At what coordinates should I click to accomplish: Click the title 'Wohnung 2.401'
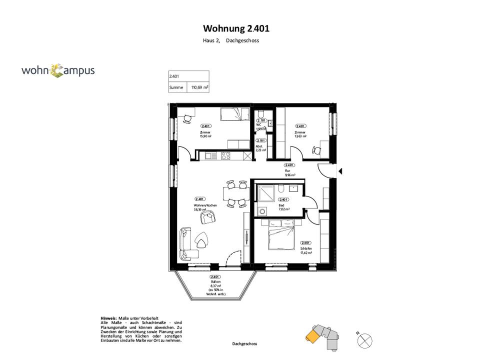(x=239, y=28)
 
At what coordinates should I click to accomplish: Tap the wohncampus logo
(x=57, y=70)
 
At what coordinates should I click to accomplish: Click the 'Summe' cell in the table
(x=176, y=87)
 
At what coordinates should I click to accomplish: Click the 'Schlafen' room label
(x=306, y=248)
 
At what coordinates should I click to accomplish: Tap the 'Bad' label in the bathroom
(x=281, y=205)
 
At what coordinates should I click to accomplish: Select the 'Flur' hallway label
(x=287, y=171)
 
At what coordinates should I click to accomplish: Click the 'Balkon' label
(x=215, y=282)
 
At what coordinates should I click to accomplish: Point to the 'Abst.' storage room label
(x=259, y=146)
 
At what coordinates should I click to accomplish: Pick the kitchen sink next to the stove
(x=211, y=155)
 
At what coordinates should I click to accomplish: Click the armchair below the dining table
(x=207, y=217)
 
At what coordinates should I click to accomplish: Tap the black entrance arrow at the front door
(x=339, y=171)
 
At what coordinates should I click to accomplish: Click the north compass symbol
(x=365, y=340)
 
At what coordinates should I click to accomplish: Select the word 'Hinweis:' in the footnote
(x=108, y=318)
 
